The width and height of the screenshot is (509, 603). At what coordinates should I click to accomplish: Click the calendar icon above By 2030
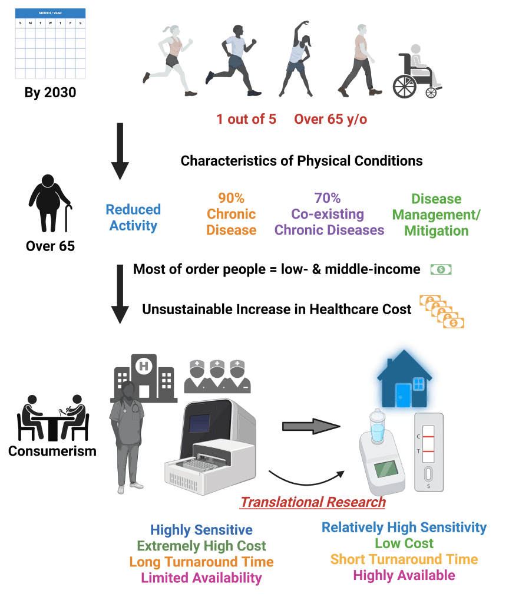coord(50,44)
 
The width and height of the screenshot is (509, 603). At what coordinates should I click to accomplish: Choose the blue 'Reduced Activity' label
coord(133,217)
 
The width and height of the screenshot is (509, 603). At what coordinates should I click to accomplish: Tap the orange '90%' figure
coord(231,197)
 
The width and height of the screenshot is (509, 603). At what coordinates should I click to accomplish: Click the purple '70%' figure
coord(328,197)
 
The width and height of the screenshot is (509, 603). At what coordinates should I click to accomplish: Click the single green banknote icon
coord(441,269)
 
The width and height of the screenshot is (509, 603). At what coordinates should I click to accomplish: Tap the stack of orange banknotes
coord(442,312)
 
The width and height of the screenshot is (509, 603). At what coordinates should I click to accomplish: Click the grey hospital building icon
coord(144,377)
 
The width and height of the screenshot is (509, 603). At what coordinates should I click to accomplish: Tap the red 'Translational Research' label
coord(313,502)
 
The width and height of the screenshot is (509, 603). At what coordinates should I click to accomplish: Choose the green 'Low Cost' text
coord(404,543)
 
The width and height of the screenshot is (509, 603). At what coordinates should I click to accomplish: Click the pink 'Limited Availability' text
coord(201,578)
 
